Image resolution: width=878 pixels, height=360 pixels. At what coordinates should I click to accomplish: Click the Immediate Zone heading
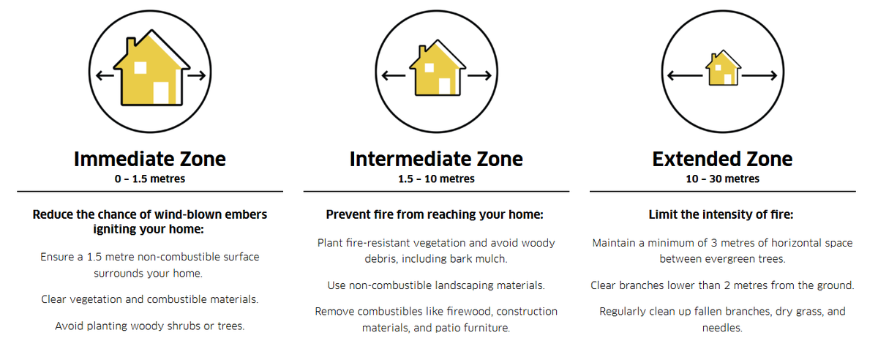(x=150, y=159)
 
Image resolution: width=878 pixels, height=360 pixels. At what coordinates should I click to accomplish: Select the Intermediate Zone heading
(x=436, y=159)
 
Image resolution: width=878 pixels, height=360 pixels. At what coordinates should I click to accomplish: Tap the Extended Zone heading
(x=722, y=159)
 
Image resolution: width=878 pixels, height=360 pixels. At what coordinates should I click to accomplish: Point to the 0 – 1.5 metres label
(x=150, y=179)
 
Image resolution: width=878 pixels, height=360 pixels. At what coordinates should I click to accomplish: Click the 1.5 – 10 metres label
(x=436, y=179)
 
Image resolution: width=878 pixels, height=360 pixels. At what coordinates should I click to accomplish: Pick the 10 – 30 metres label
(x=722, y=179)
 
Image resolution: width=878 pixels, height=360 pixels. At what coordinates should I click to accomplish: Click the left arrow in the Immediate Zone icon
(x=104, y=75)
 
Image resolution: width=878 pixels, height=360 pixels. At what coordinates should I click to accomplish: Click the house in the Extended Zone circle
(x=723, y=69)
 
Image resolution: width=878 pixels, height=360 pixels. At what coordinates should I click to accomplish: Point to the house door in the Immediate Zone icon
(x=161, y=93)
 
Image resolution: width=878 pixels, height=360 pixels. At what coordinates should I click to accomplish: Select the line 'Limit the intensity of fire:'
(x=721, y=215)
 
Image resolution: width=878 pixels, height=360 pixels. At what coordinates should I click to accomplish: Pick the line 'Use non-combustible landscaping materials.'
(x=436, y=285)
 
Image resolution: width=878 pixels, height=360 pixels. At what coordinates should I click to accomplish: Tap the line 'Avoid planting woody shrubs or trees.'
(x=150, y=326)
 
